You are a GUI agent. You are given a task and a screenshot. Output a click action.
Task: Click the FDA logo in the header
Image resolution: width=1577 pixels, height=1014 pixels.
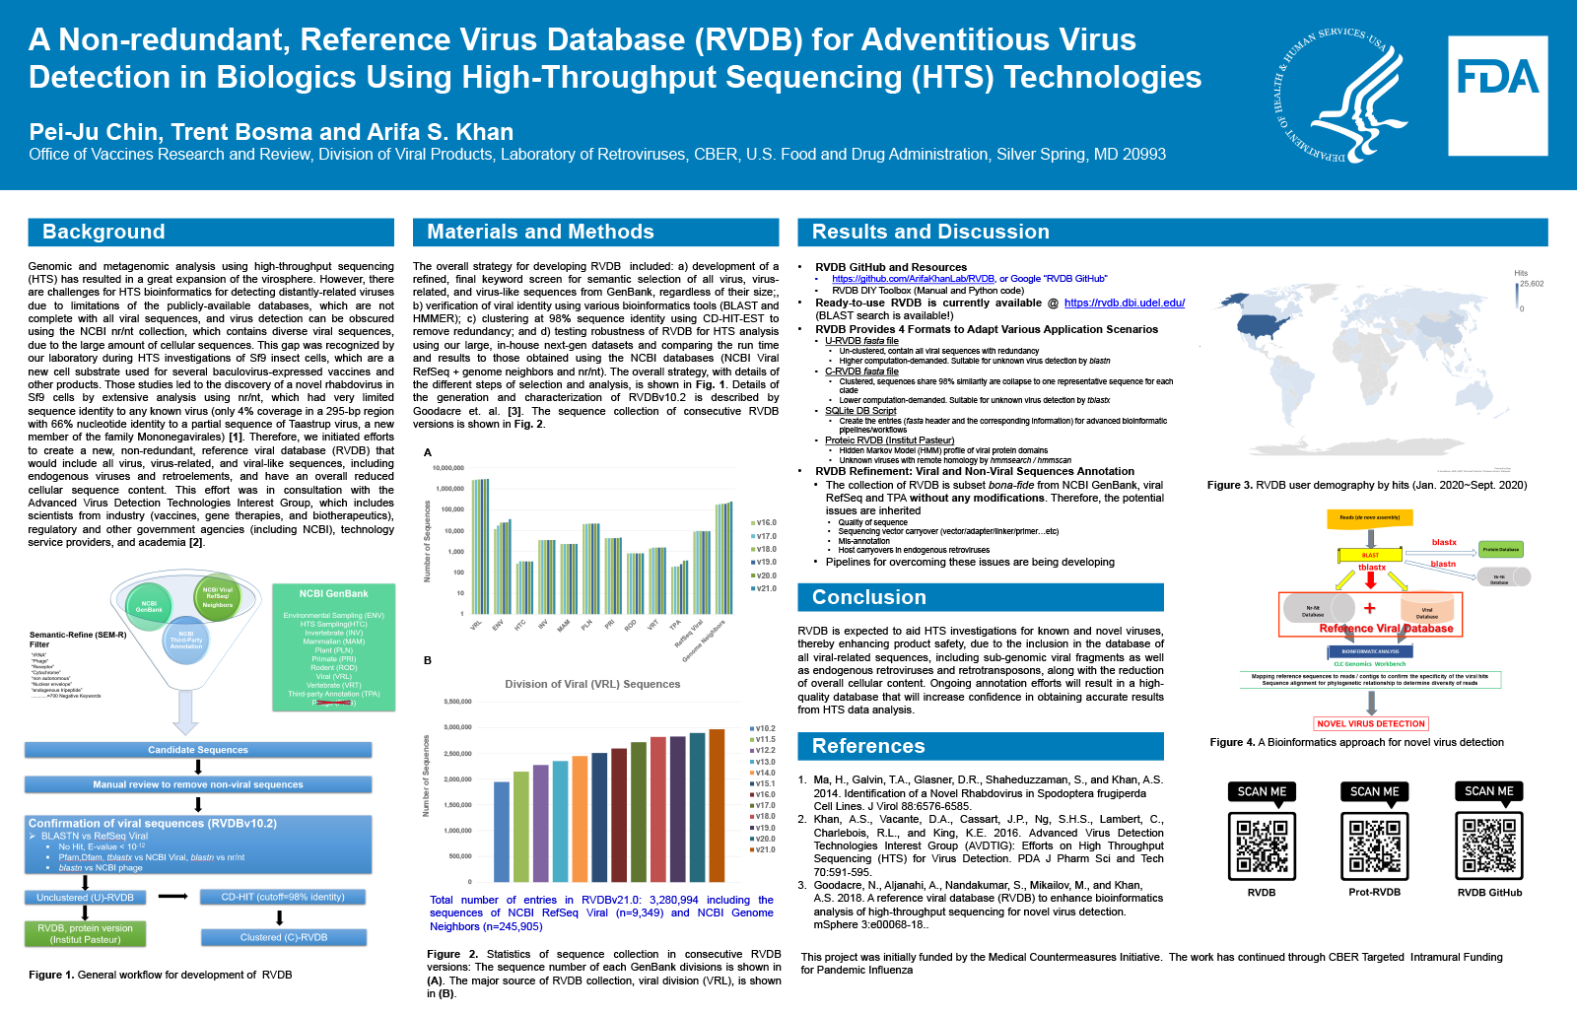[1497, 96]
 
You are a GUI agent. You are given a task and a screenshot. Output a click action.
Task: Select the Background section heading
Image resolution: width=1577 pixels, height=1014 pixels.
[103, 232]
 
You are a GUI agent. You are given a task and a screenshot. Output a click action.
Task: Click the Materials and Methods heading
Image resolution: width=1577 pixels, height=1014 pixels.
[540, 232]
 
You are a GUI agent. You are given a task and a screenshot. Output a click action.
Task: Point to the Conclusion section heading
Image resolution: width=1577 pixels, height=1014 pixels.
[868, 597]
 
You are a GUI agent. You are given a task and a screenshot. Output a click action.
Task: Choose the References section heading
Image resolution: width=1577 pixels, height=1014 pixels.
[867, 746]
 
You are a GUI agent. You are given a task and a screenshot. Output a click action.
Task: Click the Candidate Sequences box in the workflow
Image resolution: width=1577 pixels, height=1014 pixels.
[198, 750]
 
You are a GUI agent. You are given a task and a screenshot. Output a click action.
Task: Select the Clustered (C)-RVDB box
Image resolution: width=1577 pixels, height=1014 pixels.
[284, 937]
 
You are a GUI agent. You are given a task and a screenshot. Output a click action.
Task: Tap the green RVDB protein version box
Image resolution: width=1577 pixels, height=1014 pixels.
[85, 934]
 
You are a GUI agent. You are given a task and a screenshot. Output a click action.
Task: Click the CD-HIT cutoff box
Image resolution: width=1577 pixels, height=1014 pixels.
[283, 897]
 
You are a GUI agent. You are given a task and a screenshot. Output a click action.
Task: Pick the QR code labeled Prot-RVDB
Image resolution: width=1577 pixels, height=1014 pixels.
[1374, 845]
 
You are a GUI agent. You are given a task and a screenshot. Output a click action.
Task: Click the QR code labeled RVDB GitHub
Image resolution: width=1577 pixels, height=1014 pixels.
[1489, 845]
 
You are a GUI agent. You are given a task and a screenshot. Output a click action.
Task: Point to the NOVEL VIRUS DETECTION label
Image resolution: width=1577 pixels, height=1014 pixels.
[1371, 723]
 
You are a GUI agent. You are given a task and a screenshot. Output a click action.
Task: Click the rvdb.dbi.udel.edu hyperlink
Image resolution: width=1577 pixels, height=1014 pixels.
[1124, 303]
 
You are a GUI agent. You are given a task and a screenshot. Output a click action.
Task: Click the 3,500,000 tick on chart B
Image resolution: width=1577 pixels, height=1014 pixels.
[457, 702]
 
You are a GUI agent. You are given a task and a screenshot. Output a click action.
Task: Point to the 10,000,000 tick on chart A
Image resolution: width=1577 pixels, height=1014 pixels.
[448, 468]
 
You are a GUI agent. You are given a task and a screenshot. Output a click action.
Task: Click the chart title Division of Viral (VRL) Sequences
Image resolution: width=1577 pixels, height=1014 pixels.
[592, 684]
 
